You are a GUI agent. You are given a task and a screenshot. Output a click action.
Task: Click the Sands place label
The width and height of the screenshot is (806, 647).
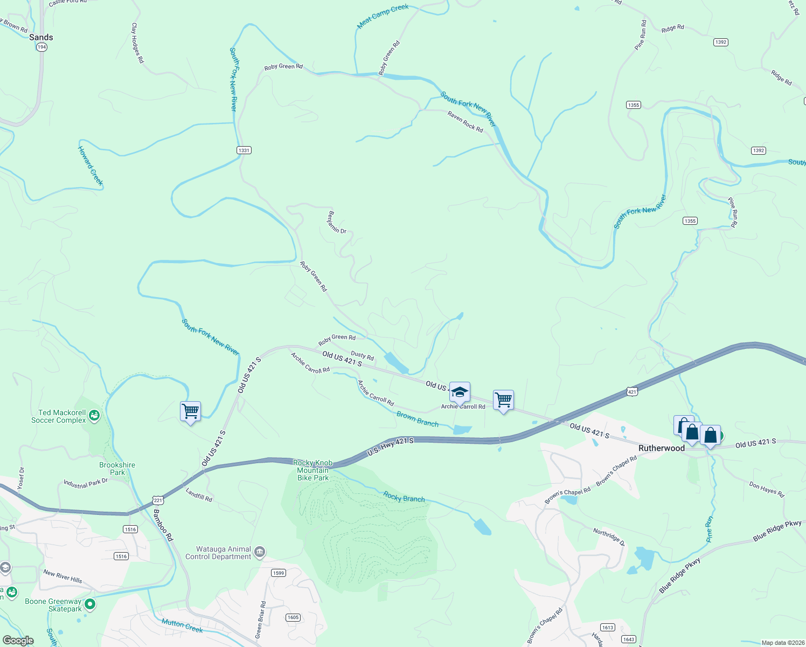(x=41, y=37)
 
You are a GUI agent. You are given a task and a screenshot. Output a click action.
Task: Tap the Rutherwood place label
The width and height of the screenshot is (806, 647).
(x=661, y=448)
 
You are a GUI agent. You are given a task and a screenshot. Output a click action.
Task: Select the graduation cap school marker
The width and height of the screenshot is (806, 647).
(x=460, y=393)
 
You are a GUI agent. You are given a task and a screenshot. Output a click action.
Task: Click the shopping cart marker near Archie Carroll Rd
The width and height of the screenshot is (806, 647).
(x=503, y=401)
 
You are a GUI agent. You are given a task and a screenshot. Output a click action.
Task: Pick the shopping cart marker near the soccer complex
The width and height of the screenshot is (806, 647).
(x=190, y=411)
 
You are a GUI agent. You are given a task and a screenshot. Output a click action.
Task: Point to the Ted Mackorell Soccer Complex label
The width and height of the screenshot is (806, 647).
(x=59, y=416)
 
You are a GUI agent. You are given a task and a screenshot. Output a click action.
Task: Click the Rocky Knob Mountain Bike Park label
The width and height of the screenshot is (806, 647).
(x=312, y=470)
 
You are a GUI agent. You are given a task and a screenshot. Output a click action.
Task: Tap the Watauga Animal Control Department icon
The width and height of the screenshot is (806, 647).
(x=260, y=552)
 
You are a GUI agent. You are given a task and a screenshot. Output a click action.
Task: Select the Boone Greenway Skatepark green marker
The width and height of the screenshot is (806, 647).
(x=90, y=604)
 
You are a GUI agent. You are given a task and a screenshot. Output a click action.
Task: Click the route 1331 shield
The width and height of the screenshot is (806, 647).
(x=244, y=150)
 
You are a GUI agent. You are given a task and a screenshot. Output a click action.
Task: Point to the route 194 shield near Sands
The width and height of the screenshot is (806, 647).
(x=41, y=47)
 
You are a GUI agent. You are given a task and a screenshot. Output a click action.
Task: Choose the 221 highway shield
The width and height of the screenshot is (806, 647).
(x=158, y=500)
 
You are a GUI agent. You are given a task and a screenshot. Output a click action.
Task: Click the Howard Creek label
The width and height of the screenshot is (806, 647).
(x=91, y=166)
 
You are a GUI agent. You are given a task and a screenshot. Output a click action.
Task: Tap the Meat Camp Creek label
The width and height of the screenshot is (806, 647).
(x=383, y=16)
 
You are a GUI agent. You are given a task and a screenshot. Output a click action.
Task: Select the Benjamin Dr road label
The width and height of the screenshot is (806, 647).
(x=337, y=222)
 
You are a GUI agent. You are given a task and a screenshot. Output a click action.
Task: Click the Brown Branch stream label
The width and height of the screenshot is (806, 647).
(x=418, y=419)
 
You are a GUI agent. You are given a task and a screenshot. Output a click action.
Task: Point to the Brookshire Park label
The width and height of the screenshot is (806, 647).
(x=117, y=469)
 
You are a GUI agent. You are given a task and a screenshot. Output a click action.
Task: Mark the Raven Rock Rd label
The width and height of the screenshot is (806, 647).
(x=465, y=122)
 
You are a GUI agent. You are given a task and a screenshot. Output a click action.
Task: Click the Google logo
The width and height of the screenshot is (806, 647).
(x=18, y=641)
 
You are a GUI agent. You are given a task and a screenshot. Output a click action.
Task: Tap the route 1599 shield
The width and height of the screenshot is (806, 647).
(x=278, y=573)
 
